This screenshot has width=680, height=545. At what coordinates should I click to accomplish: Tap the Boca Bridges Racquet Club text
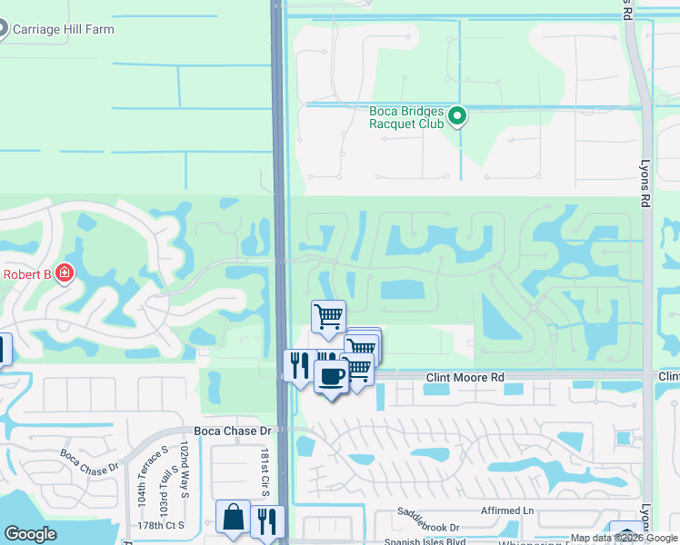point(406,118)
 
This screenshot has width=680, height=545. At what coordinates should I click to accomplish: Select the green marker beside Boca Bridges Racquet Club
point(458,117)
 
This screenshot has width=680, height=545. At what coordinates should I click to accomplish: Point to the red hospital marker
point(64,272)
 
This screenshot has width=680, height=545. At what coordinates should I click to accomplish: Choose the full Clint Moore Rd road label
point(465,376)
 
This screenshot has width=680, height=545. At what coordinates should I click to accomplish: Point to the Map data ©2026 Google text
point(625,539)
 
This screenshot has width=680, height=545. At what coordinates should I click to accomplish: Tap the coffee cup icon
point(331,375)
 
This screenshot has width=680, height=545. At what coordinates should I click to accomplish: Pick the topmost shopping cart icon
point(328,316)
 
